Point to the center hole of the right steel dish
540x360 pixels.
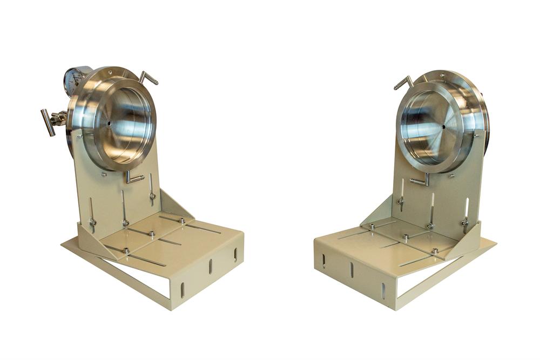point(444,127)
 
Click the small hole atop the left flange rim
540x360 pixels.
point(110,70)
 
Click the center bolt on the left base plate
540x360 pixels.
point(152,234)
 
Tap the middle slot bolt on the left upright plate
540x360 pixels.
point(125,222)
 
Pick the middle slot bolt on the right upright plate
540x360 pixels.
point(430,226)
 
